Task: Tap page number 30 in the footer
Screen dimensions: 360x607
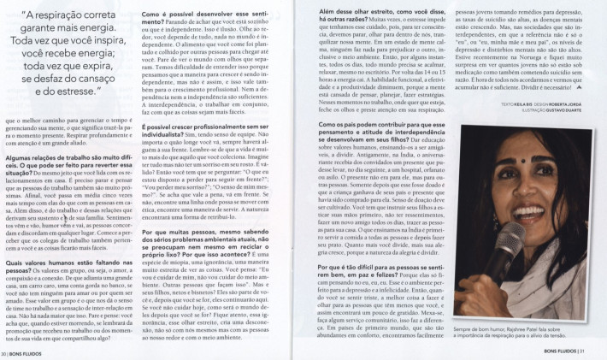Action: click(6, 351)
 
